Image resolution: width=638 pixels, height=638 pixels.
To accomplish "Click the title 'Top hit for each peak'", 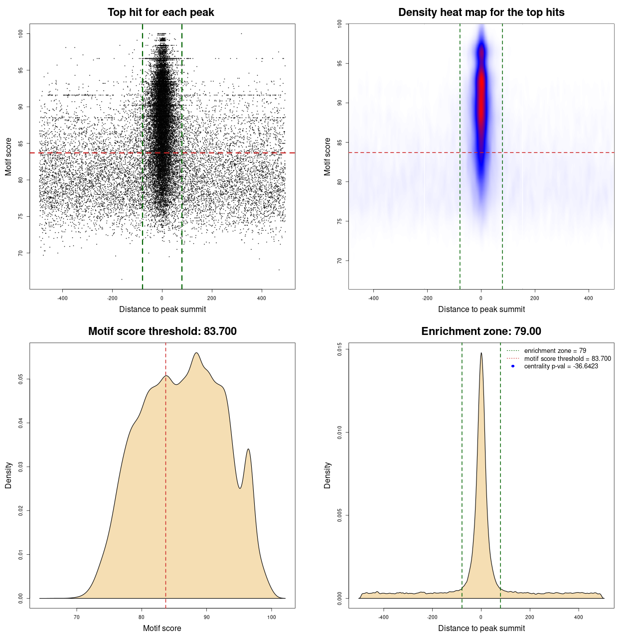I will [160, 12].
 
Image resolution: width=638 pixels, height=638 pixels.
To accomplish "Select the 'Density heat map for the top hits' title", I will [481, 12].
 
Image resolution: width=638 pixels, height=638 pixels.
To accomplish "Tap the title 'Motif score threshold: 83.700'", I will [162, 331].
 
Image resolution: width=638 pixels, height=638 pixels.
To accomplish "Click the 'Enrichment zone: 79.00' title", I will [481, 331].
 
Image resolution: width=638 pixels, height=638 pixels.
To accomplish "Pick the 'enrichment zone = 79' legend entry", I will [555, 351].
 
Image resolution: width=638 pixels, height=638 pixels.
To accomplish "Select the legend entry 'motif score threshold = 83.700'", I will [567, 358].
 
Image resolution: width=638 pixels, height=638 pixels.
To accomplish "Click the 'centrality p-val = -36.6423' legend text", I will [561, 366].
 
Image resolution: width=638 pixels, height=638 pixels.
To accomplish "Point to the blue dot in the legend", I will [513, 366].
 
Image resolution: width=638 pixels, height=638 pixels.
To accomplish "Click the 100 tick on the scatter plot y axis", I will [20, 33].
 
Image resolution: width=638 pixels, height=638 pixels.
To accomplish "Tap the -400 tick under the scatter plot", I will [62, 298].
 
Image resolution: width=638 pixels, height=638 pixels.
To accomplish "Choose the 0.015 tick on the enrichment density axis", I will [339, 349].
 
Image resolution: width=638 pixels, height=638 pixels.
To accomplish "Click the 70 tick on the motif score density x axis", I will [77, 617].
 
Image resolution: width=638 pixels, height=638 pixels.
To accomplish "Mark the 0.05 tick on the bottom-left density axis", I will [20, 379].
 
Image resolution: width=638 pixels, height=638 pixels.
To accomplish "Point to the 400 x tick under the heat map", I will [589, 298].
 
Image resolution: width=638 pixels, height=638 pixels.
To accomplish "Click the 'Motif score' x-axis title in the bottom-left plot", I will [162, 628].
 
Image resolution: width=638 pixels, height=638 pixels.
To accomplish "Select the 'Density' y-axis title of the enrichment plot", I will [327, 475].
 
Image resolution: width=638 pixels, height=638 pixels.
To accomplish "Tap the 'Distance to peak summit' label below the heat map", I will [481, 309].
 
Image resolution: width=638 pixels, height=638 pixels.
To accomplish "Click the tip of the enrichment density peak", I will [481, 353].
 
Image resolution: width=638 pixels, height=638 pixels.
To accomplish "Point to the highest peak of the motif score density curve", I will [196, 353].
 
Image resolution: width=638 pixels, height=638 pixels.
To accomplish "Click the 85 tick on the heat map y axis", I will [339, 143].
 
